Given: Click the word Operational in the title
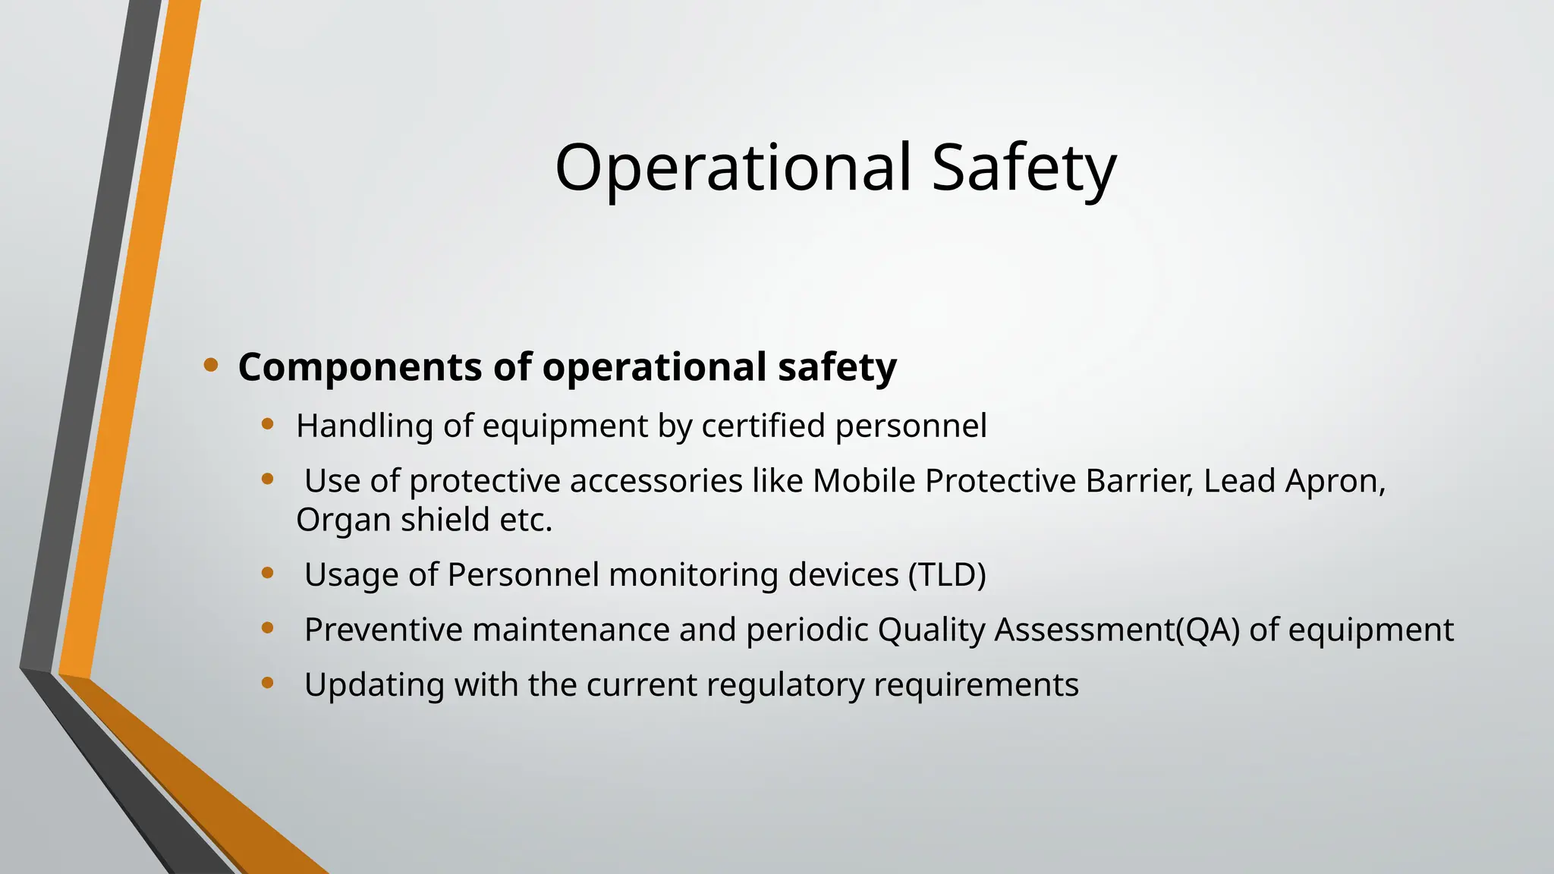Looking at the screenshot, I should point(732,168).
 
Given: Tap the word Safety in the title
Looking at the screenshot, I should point(1024,168).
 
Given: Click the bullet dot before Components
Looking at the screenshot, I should point(211,366).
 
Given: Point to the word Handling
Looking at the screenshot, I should point(364,426).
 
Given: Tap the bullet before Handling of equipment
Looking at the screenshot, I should point(267,424).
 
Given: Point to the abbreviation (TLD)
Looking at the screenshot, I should point(947,575).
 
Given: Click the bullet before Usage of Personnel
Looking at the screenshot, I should point(267,574).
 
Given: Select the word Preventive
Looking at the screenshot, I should point(383,630).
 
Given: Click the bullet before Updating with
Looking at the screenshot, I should point(267,683).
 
